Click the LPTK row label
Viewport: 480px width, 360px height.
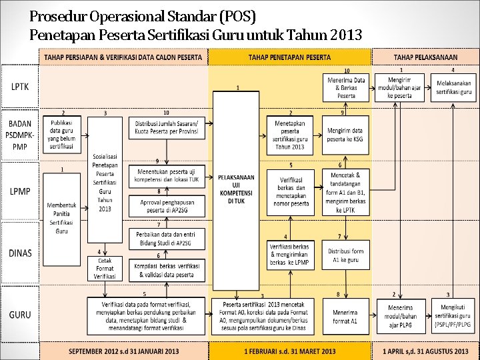[x=19, y=87]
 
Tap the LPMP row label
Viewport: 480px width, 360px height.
[x=20, y=191]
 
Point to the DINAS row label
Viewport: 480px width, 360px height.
[x=20, y=253]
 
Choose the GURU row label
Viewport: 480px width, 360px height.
[x=20, y=314]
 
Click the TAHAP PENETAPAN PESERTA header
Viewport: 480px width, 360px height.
[x=289, y=57]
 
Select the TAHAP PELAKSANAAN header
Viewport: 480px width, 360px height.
[x=425, y=57]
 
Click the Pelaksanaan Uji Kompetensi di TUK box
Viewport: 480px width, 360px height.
[x=236, y=190]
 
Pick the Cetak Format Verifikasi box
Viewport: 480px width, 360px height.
[x=105, y=268]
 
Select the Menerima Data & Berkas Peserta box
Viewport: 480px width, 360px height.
[x=346, y=87]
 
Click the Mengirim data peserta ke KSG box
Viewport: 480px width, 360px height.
[x=345, y=135]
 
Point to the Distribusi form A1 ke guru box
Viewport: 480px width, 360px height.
[x=347, y=255]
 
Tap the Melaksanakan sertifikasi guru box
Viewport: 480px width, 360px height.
[x=454, y=87]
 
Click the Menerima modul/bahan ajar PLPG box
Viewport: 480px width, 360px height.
[x=399, y=317]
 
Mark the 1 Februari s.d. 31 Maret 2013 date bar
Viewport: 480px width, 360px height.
[x=290, y=351]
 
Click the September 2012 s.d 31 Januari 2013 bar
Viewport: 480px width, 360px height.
[x=124, y=351]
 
